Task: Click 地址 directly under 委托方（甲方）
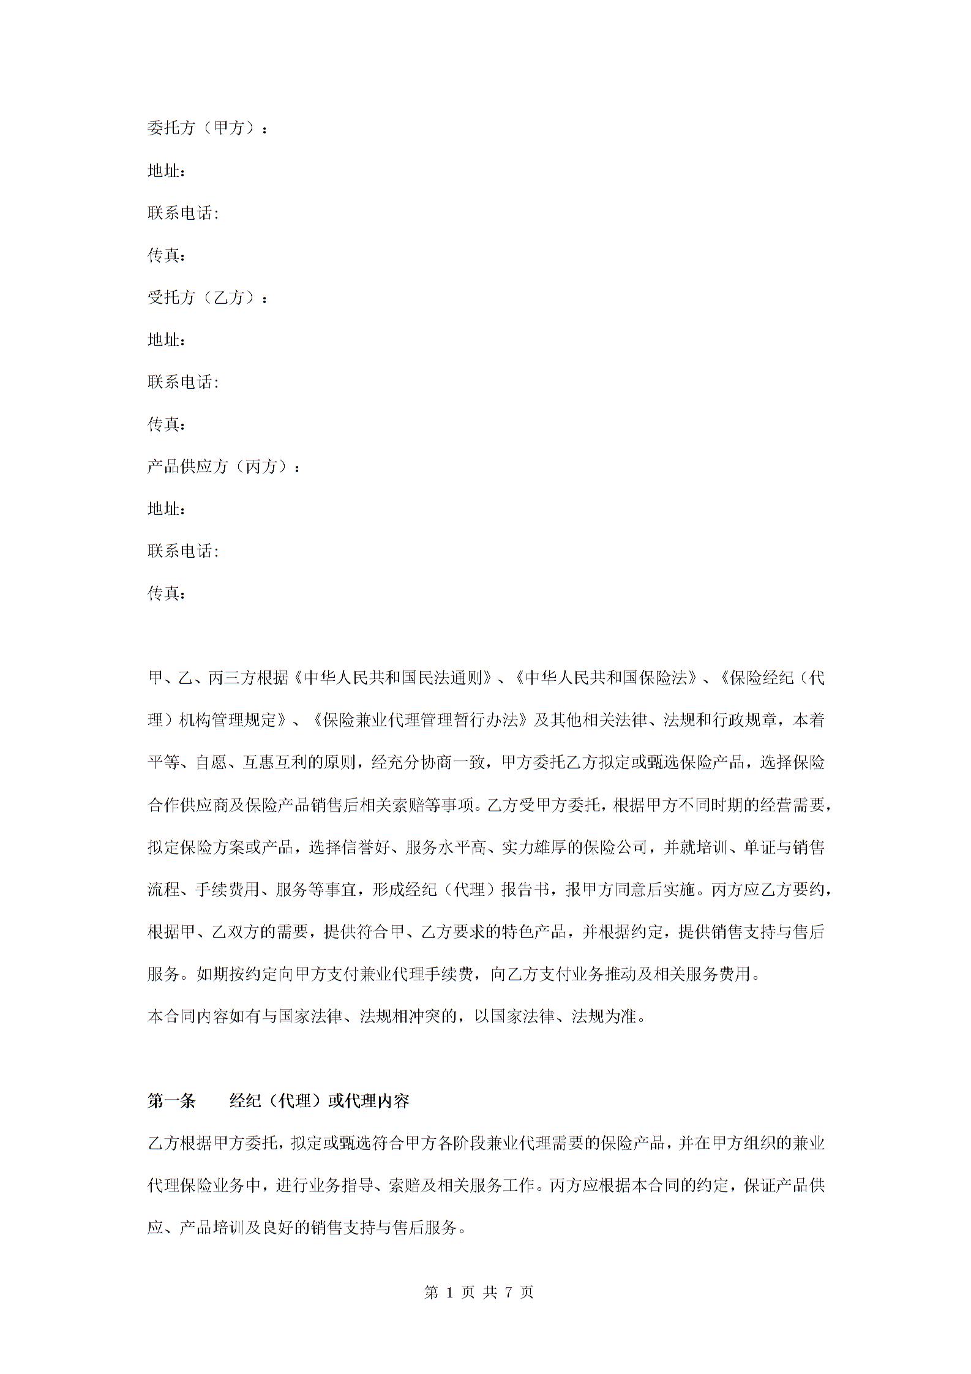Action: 165,171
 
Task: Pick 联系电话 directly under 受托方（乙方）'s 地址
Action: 182,382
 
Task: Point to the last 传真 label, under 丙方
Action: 165,593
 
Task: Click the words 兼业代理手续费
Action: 413,974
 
